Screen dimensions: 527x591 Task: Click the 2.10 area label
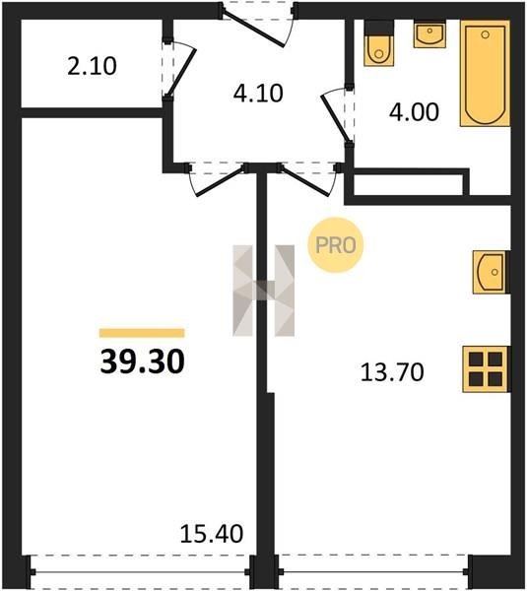[92, 66]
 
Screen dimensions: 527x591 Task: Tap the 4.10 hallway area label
[258, 94]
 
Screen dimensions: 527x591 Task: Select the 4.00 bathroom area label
[414, 112]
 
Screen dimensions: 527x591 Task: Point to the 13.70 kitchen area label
[392, 372]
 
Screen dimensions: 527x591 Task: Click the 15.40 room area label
[212, 534]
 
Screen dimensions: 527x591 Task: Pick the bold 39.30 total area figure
[143, 361]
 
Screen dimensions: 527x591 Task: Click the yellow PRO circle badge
[335, 245]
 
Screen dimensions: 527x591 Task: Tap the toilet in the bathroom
[379, 43]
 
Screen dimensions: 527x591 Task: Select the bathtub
[485, 73]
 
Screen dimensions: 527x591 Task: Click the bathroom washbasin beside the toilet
[429, 33]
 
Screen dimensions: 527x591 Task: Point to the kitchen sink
[491, 272]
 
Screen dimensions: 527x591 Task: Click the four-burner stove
[486, 369]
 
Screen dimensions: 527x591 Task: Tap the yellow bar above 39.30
[142, 333]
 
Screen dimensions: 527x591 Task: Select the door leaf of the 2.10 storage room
[181, 73]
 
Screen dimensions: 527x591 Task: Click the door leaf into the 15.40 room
[220, 182]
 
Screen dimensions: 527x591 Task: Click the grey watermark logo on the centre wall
[264, 291]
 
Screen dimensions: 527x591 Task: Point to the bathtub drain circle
[486, 34]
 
